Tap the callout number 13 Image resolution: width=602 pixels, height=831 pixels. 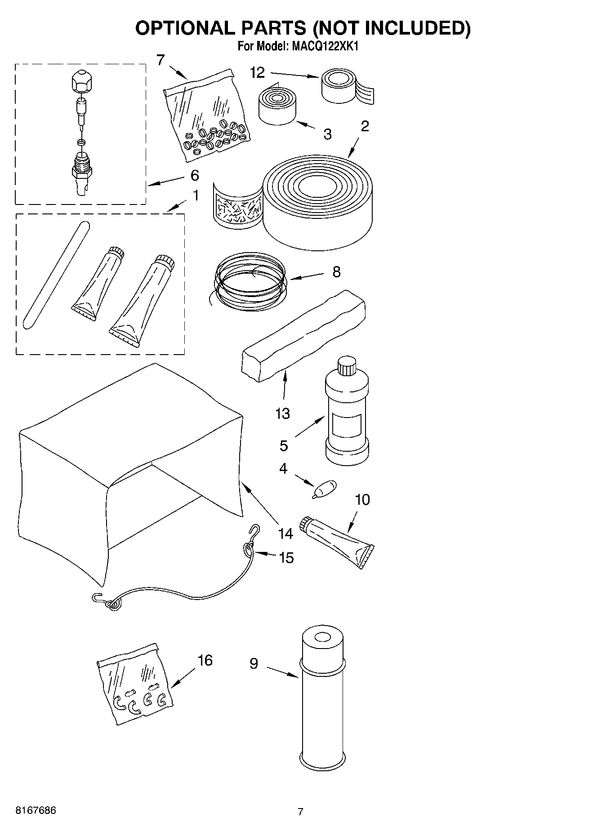pyautogui.click(x=282, y=413)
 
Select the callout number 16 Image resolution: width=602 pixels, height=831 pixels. pyautogui.click(x=205, y=660)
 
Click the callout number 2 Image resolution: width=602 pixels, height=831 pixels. pyautogui.click(x=365, y=126)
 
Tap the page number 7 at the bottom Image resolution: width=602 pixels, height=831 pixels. pyautogui.click(x=300, y=811)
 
